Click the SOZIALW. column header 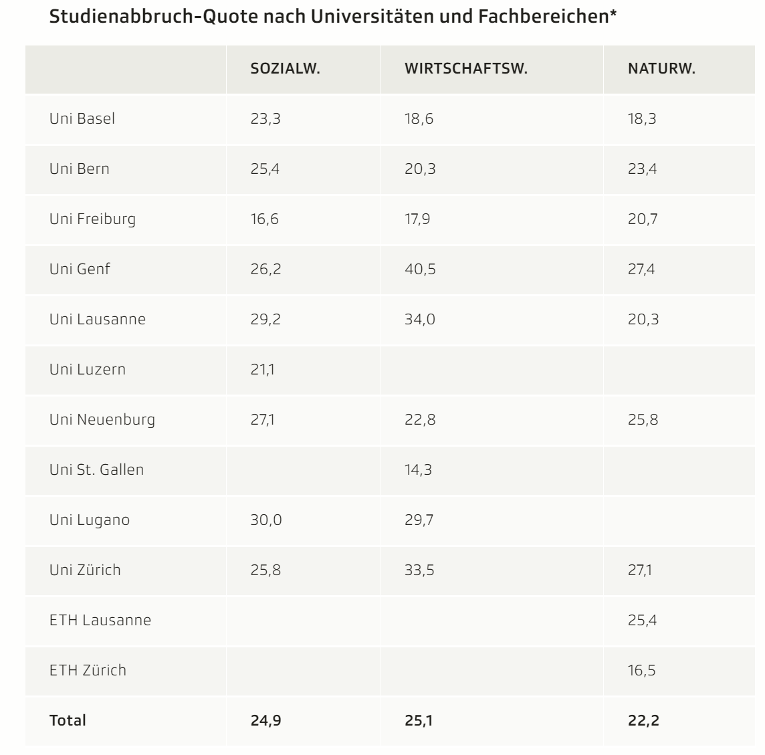tap(285, 70)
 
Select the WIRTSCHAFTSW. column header tap(466, 70)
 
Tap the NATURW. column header tap(661, 70)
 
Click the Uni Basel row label tap(82, 119)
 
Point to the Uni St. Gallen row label tap(96, 469)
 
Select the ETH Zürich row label tap(88, 670)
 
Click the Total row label tap(68, 720)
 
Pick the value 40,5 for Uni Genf tap(420, 269)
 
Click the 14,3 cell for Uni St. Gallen tap(418, 469)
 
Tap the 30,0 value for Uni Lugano tap(266, 520)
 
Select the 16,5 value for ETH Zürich tap(641, 670)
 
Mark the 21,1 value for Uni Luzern tap(263, 369)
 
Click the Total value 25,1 tap(419, 720)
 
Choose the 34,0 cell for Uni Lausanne tap(420, 319)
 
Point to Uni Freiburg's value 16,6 tap(264, 219)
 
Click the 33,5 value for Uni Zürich tap(420, 570)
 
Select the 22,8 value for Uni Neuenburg tap(420, 419)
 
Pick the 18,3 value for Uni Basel tap(642, 119)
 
